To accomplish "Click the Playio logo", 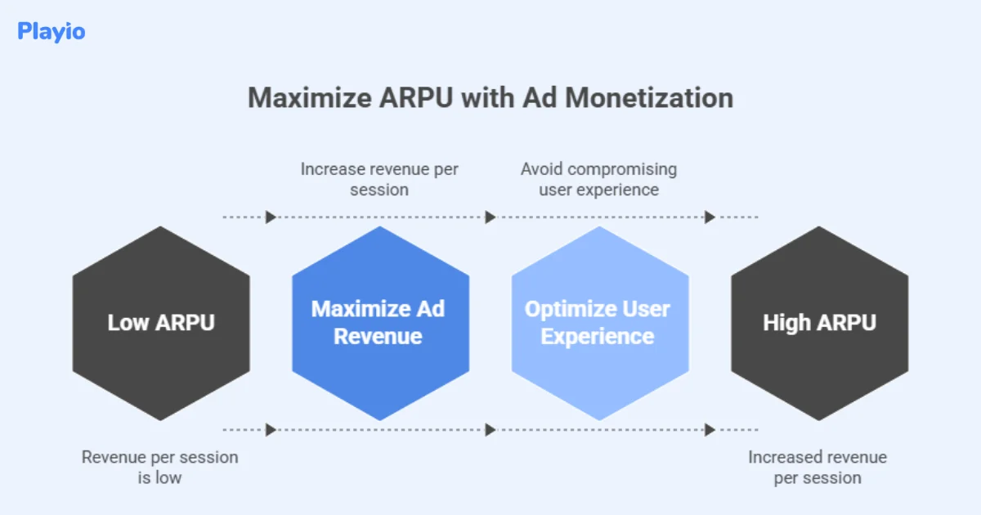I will tap(51, 32).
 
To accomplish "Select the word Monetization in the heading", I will tap(649, 97).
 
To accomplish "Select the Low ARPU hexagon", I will tap(161, 323).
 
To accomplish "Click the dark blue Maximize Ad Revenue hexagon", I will tap(380, 323).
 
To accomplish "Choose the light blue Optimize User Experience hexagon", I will tap(599, 323).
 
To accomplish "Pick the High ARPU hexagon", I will tap(819, 323).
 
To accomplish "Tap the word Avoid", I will tap(541, 169).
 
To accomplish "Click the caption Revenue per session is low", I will tap(159, 467).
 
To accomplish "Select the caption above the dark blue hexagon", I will tap(379, 179).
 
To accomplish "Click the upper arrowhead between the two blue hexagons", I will tap(490, 217).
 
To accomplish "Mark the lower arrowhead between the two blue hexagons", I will tap(490, 429).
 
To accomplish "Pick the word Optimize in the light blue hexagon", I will tap(568, 310).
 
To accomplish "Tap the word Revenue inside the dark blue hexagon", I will tap(378, 336).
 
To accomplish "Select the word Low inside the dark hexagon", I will tap(127, 323).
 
